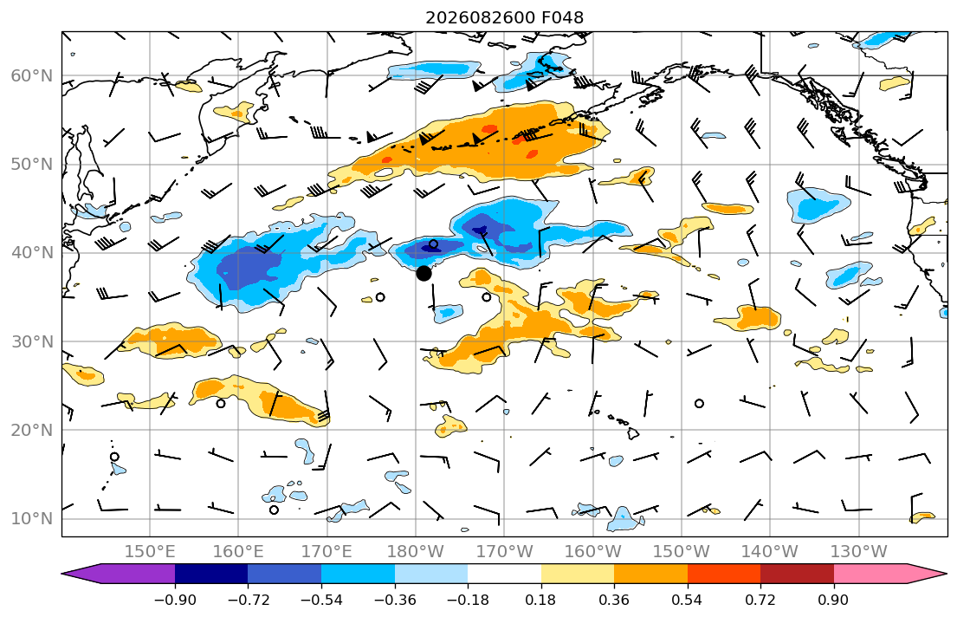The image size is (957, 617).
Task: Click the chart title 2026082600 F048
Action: click(504, 17)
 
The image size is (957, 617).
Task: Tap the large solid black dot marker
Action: click(424, 274)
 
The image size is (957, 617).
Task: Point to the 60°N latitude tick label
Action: click(32, 75)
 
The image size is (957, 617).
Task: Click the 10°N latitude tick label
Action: click(32, 519)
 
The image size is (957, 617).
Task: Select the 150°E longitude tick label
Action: click(150, 552)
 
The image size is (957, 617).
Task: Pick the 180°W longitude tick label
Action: click(416, 552)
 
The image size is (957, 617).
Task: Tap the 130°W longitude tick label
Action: click(859, 552)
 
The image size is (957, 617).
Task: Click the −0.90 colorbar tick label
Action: click(175, 600)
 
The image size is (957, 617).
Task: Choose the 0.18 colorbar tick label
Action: click(540, 600)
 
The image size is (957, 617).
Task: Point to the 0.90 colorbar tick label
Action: click(834, 600)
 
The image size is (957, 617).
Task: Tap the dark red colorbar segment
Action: click(797, 574)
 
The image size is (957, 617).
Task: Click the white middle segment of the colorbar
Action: click(504, 574)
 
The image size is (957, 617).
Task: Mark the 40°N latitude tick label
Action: click(32, 253)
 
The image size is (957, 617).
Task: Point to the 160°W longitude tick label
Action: click(593, 552)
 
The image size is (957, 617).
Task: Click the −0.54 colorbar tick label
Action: click(321, 600)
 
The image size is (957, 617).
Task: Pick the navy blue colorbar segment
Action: click(211, 574)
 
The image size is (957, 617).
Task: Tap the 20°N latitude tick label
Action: click(32, 430)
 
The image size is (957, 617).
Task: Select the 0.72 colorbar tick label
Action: click(760, 600)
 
